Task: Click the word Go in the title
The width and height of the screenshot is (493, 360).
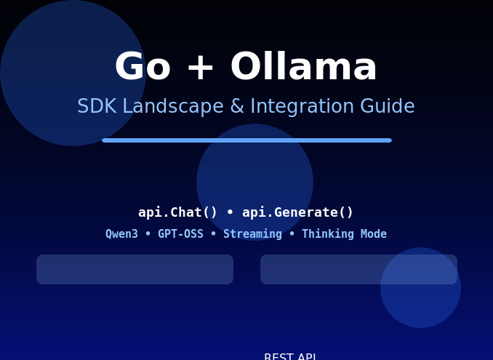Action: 143,68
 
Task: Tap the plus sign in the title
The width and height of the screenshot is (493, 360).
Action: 200,68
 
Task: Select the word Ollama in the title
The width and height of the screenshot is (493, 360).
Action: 303,68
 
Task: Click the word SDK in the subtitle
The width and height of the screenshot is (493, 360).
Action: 97,107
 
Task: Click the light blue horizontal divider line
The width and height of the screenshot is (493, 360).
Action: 246,140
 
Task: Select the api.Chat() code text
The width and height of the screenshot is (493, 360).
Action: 178,212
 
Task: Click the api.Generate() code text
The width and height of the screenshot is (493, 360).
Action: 297,212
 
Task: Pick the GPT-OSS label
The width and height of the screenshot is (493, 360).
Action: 180,234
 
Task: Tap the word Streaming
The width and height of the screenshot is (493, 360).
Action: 252,234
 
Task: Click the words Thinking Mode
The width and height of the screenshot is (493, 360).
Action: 344,234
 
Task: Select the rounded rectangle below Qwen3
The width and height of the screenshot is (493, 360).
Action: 135,269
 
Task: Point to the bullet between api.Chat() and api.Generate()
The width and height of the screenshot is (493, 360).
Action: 230,212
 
